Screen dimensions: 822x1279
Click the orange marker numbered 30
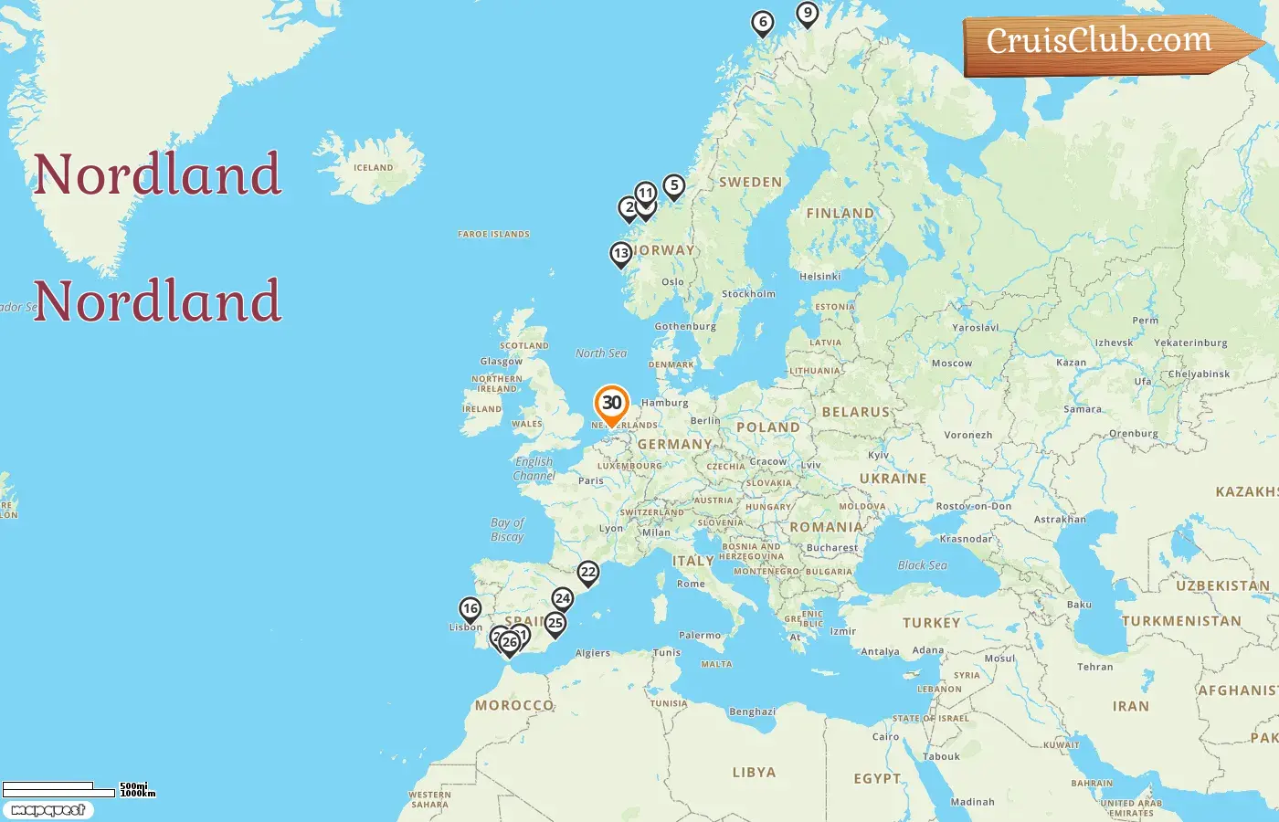[x=611, y=404]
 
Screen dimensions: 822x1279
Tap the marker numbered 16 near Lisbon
[x=470, y=609]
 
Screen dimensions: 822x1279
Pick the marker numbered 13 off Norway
[x=621, y=254]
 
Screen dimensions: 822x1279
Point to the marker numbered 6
[x=763, y=23]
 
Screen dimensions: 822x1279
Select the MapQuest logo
[x=48, y=810]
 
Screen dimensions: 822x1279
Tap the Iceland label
[x=373, y=168]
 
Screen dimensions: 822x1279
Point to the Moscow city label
[x=952, y=364]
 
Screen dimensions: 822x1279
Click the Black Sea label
[x=922, y=565]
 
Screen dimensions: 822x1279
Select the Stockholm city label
[x=748, y=294]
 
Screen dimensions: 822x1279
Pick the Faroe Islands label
[x=493, y=235]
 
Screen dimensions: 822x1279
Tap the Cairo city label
[x=885, y=737]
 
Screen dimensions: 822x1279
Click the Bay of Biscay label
[x=507, y=530]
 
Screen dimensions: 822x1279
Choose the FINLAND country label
[x=840, y=214]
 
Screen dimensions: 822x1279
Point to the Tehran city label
[x=1094, y=667]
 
